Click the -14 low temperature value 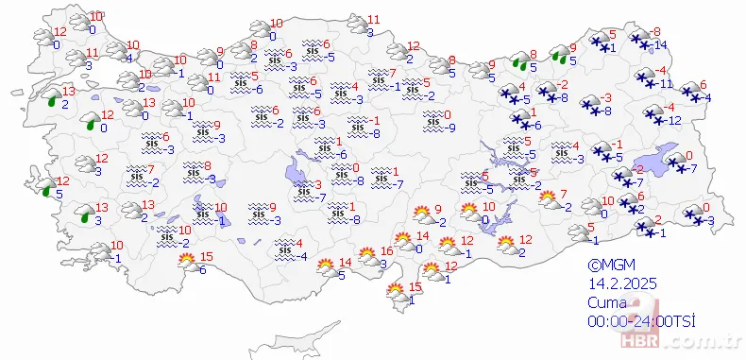click(x=662, y=45)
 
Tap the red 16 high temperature click(x=386, y=251)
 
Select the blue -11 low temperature click(x=665, y=84)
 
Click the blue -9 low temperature click(x=452, y=129)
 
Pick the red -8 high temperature click(x=657, y=32)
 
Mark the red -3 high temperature click(x=607, y=97)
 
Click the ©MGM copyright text click(x=609, y=266)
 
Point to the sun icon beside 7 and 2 click(x=548, y=198)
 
